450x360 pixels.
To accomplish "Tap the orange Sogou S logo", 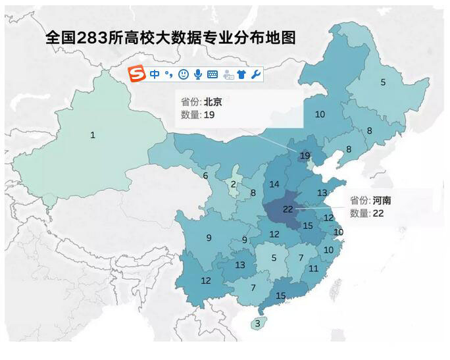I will point(136,74).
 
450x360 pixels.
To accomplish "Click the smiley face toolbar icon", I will point(184,74).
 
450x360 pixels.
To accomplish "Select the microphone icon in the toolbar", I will point(197,74).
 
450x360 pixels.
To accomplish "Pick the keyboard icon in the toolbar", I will point(213,74).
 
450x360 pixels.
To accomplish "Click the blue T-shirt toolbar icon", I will point(241,74).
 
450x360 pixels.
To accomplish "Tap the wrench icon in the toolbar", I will point(256,74).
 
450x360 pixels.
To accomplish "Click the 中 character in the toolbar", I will point(155,74).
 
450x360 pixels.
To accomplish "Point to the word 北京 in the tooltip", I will point(213,102).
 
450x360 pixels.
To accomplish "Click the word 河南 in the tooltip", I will point(382,201).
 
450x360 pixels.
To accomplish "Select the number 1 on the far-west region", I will point(93,135).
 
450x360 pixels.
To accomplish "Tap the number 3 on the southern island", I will point(257,323).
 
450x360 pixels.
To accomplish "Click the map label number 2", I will point(233,184).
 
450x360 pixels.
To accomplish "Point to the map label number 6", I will point(205,176).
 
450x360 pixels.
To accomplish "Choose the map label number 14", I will point(274,184).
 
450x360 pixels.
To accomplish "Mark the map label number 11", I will point(313,269).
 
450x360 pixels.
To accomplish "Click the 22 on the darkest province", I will point(287,209).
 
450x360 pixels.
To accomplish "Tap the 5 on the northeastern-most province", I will point(383,82).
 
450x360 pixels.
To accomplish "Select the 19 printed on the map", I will point(305,155).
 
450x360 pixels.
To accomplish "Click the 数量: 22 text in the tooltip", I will point(366,213).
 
